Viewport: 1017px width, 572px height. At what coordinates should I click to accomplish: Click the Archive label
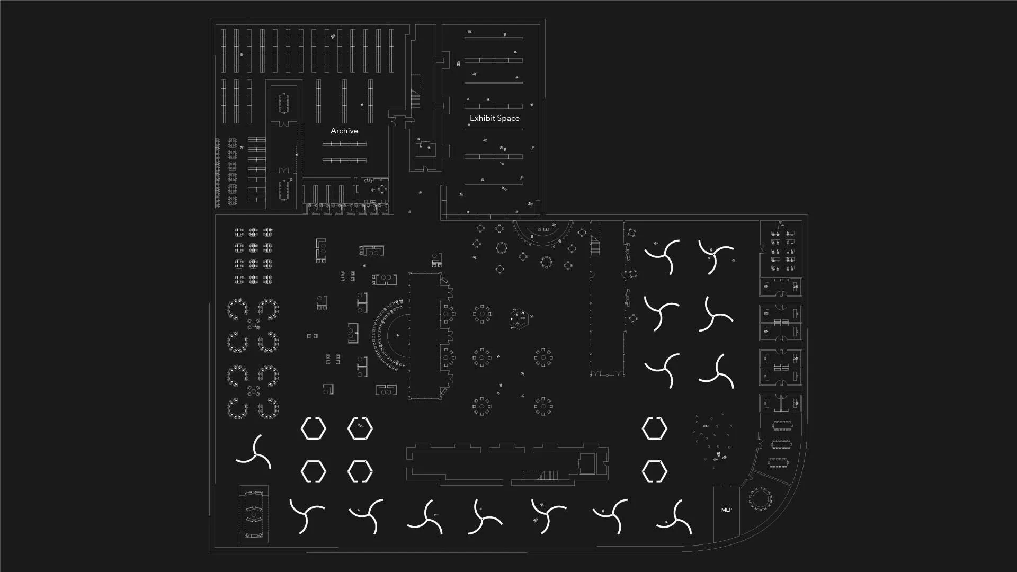[x=344, y=131]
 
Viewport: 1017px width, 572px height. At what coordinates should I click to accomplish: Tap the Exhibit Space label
[x=494, y=118]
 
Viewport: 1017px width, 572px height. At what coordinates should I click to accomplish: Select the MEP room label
[x=726, y=510]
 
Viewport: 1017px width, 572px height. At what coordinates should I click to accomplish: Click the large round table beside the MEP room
[x=761, y=498]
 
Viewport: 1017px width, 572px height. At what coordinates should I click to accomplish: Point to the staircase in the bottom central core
[x=548, y=475]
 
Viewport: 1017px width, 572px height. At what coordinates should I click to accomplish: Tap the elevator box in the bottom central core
[x=587, y=463]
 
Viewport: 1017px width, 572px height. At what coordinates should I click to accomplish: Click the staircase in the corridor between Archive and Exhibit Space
[x=415, y=99]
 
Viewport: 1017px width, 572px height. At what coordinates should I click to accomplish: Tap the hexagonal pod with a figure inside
[x=360, y=428]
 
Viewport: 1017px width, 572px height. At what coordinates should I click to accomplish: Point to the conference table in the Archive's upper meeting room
[x=284, y=103]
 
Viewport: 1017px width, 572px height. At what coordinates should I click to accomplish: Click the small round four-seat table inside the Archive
[x=381, y=189]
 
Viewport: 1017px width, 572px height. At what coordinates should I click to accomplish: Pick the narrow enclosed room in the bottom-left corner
[x=254, y=514]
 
